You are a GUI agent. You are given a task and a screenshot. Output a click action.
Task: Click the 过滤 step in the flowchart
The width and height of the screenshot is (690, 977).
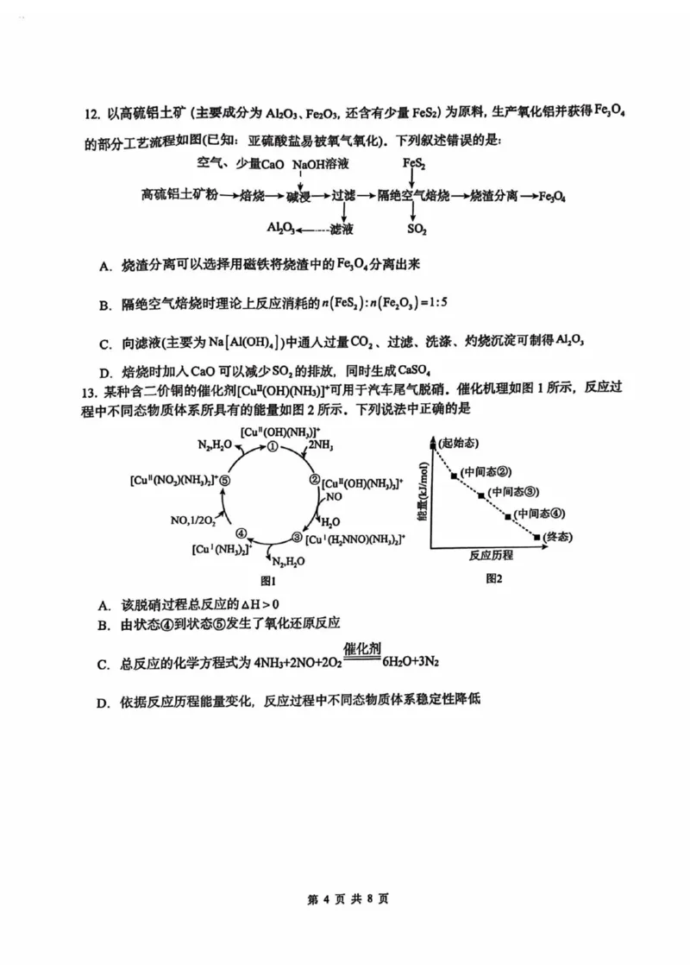click(344, 197)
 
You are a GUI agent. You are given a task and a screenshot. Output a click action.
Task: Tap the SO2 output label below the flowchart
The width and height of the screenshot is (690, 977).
click(417, 229)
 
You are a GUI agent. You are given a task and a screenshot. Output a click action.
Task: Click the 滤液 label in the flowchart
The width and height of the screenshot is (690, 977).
click(342, 229)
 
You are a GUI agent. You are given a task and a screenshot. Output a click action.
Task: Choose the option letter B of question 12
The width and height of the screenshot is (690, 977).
click(103, 306)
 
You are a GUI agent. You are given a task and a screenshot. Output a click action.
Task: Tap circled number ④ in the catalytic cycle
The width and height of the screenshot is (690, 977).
click(242, 533)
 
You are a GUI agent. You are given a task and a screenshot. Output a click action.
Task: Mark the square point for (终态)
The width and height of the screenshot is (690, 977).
click(537, 537)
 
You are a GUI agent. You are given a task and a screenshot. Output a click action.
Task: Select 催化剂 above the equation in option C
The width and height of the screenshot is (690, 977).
click(362, 649)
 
